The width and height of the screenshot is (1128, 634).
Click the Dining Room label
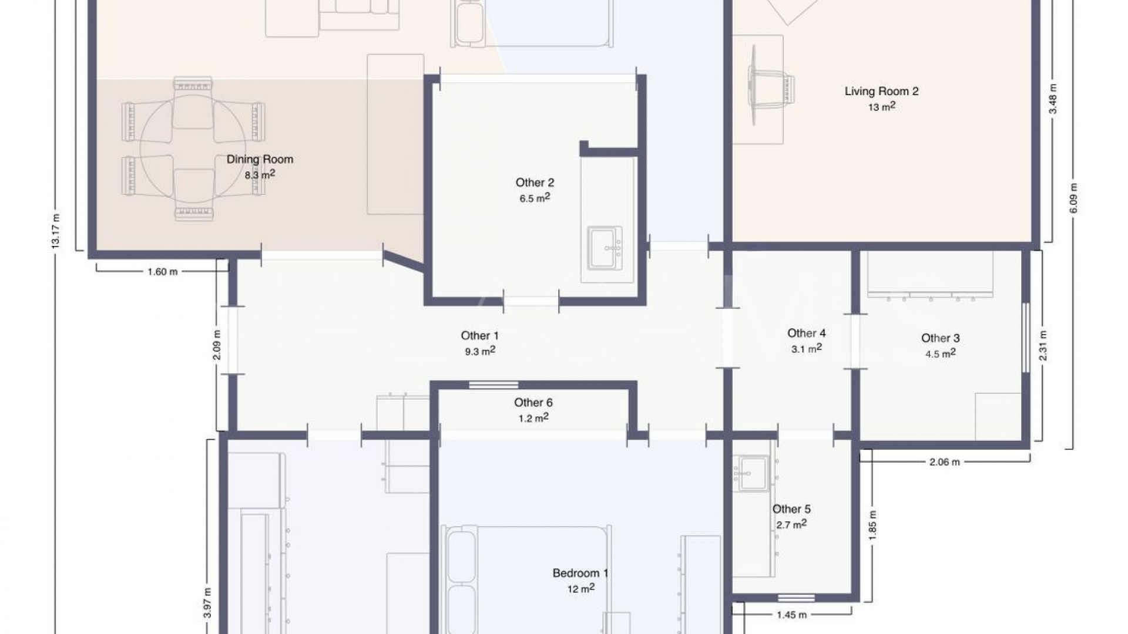260,159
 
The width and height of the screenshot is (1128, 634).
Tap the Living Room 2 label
881,91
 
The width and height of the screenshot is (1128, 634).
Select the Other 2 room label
535,183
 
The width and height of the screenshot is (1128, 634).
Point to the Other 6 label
533,402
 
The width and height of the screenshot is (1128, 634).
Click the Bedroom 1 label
580,573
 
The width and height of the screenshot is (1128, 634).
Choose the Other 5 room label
791,509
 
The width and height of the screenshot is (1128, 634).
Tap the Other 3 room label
940,338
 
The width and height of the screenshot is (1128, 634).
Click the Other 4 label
807,333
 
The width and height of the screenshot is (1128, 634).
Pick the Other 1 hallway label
479,336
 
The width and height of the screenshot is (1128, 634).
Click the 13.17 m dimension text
56,231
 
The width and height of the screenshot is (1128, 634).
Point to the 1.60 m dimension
162,272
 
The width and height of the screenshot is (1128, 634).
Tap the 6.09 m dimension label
1074,198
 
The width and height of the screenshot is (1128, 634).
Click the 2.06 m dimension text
945,462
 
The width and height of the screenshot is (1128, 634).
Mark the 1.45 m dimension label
791,615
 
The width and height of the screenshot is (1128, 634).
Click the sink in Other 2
605,249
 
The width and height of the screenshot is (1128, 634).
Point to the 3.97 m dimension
207,603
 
